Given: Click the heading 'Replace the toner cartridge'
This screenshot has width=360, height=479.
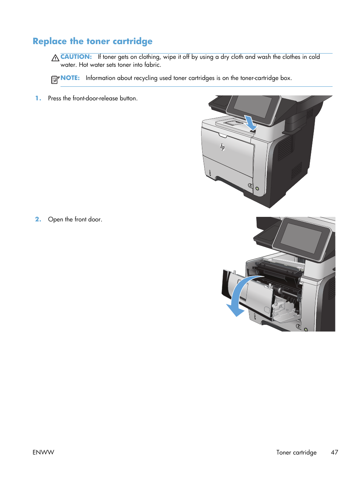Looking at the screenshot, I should pyautogui.click(x=92, y=41).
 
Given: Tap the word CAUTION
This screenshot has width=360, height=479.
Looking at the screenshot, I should pyautogui.click(x=76, y=57).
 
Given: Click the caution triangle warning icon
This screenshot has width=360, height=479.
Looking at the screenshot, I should pyautogui.click(x=55, y=58).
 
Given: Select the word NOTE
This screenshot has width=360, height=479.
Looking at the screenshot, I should pyautogui.click(x=70, y=78).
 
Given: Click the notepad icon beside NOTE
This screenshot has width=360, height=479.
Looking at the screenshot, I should pyautogui.click(x=55, y=79).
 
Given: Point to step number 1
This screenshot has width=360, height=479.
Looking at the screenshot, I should pyautogui.click(x=38, y=98).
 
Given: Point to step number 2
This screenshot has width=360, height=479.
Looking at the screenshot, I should pyautogui.click(x=38, y=219).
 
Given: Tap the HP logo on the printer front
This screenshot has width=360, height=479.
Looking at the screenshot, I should pyautogui.click(x=222, y=147).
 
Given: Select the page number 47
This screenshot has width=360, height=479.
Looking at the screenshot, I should pyautogui.click(x=334, y=452).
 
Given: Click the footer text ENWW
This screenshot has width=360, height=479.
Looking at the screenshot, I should pyautogui.click(x=43, y=452).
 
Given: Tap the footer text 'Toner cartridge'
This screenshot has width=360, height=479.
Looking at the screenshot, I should pyautogui.click(x=296, y=452).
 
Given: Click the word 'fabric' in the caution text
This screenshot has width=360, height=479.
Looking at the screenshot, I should pyautogui.click(x=152, y=64).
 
